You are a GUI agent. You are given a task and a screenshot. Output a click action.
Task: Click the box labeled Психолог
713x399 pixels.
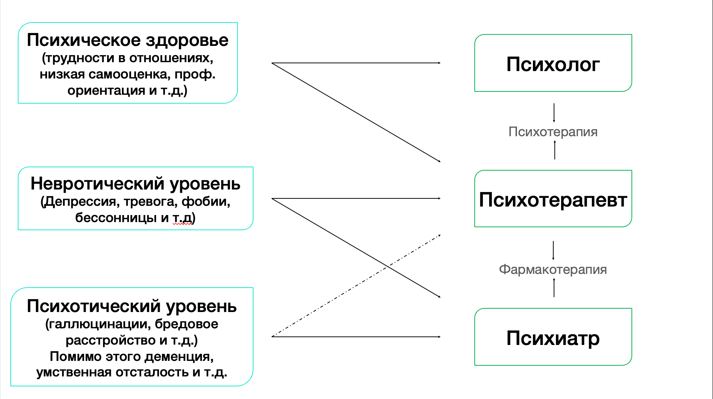553,63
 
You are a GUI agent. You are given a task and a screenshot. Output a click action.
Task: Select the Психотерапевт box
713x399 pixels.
553,199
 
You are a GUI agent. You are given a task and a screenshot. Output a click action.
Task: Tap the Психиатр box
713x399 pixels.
553,337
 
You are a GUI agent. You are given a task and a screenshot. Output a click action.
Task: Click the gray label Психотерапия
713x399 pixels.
553,132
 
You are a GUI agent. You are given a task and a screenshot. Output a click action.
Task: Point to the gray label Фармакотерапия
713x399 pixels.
553,269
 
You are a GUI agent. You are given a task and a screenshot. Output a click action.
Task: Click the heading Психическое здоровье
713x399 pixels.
127,40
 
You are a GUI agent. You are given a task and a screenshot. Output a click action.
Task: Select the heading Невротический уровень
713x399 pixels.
135,184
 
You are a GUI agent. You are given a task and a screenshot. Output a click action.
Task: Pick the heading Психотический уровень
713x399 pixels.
132,306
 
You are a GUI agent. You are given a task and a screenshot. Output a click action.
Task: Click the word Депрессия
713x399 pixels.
82,202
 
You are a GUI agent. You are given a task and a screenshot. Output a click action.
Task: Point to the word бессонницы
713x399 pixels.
116,218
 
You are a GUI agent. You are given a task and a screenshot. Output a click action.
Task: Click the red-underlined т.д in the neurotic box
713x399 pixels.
182,218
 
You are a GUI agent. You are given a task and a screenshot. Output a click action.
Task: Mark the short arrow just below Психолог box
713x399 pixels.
554,113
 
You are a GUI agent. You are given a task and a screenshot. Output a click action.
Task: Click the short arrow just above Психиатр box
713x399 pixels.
554,288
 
